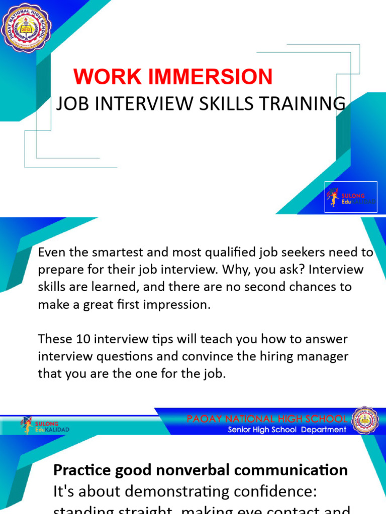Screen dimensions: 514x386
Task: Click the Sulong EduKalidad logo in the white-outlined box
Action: pyautogui.click(x=351, y=197)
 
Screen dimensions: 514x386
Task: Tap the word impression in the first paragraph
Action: pyautogui.click(x=179, y=305)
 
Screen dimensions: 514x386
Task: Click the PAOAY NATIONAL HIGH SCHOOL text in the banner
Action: pyautogui.click(x=267, y=419)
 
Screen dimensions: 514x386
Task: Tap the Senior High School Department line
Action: pyautogui.click(x=287, y=429)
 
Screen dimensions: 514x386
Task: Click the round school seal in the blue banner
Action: pyautogui.click(x=365, y=421)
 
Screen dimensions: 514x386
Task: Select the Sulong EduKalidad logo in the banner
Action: pyautogui.click(x=45, y=426)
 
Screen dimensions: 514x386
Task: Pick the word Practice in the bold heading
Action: pyautogui.click(x=82, y=470)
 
